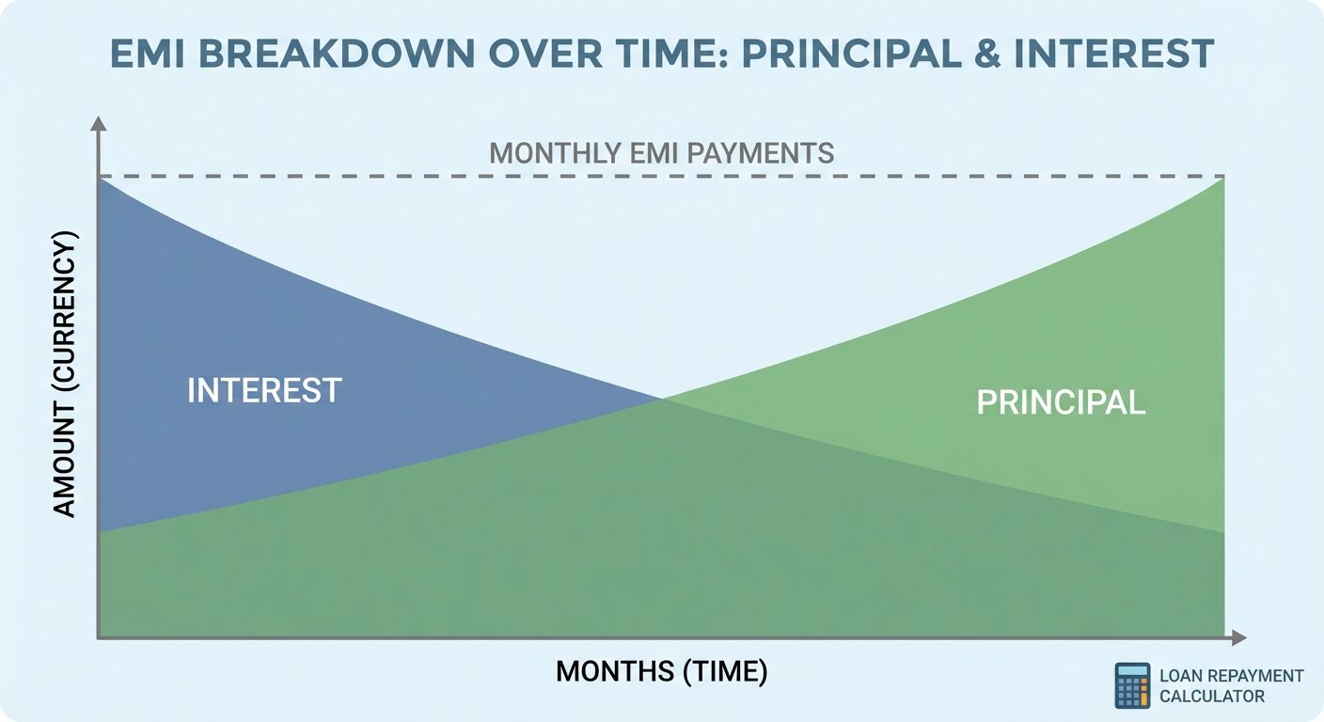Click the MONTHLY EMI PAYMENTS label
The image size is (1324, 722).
662,153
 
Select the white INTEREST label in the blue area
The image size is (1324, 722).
264,390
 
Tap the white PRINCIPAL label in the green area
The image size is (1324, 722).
1061,402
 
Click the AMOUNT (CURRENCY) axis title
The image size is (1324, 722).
65,375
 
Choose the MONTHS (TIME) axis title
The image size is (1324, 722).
661,671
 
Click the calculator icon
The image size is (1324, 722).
1131,685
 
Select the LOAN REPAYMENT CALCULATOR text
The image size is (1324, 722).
1231,686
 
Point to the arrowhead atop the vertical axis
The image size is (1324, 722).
98,122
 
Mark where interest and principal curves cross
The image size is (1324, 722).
662,400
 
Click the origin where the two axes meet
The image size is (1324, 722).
98,638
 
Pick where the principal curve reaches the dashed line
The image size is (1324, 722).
1223,178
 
